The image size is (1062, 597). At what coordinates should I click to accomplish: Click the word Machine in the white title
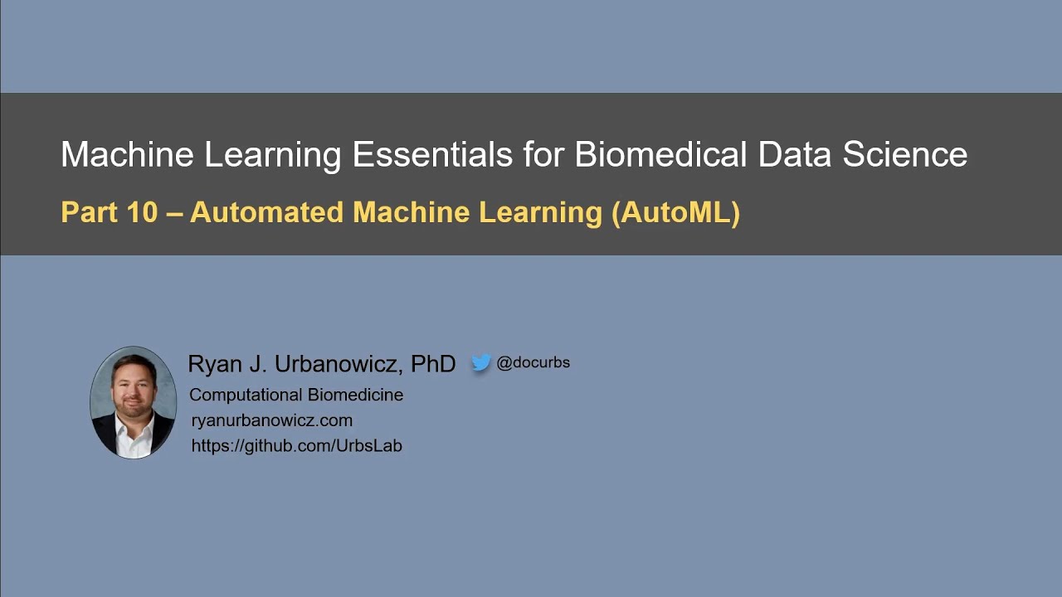click(127, 155)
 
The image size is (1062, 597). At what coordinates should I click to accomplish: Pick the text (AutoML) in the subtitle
click(675, 212)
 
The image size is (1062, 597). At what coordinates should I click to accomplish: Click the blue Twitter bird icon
click(481, 363)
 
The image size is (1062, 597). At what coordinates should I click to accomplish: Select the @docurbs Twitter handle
click(533, 362)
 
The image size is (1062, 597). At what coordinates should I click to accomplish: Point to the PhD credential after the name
click(433, 363)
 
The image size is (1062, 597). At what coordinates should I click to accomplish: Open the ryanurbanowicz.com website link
click(272, 420)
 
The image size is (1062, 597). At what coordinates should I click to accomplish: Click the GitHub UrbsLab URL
click(296, 445)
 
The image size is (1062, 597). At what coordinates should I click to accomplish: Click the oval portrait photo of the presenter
click(133, 402)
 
